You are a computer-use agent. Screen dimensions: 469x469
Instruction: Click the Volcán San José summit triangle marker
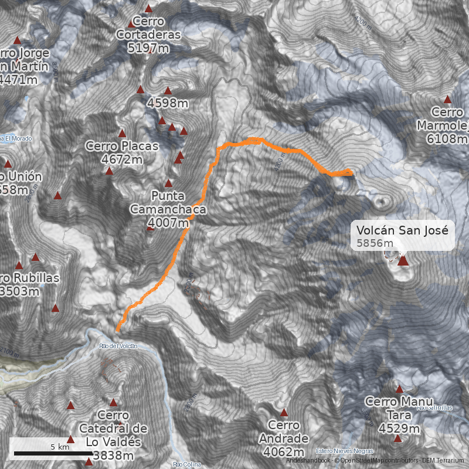[402, 261]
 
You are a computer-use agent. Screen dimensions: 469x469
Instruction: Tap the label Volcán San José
[402, 230]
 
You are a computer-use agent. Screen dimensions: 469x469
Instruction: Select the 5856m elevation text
[374, 243]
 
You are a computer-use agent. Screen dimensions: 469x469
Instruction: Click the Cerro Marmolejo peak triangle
[448, 100]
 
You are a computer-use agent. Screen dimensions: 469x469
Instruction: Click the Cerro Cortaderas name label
[148, 28]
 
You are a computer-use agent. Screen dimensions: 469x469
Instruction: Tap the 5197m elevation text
[148, 48]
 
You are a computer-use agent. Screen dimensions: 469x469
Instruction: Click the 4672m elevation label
[122, 159]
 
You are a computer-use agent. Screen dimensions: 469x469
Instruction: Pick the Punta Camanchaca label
[168, 202]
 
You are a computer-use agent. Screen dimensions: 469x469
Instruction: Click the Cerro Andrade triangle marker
[284, 412]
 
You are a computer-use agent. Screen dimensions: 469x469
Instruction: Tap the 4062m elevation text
[284, 452]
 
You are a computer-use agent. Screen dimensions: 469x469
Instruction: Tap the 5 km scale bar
[53, 453]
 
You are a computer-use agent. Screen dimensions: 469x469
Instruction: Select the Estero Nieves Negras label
[344, 451]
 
